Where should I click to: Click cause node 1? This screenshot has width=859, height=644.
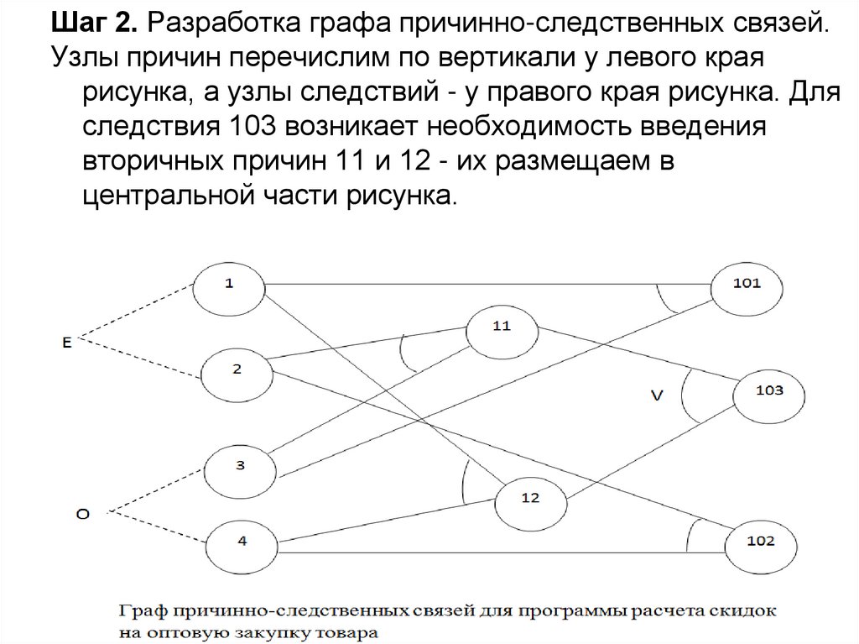coord(229,285)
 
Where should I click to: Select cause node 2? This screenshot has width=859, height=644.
coord(237,369)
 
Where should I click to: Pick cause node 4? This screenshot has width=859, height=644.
coord(242,542)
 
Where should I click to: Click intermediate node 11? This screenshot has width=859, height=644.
coord(502,327)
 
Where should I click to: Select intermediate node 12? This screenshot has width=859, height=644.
coord(530,498)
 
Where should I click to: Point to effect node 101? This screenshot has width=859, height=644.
coord(746,284)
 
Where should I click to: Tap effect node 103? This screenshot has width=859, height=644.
coord(769,391)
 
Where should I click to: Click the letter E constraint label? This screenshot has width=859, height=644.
coord(66,341)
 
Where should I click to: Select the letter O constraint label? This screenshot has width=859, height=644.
coord(82,514)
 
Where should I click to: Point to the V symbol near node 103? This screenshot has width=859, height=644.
coord(657,395)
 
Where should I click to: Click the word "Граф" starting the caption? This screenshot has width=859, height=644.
coord(140,609)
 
